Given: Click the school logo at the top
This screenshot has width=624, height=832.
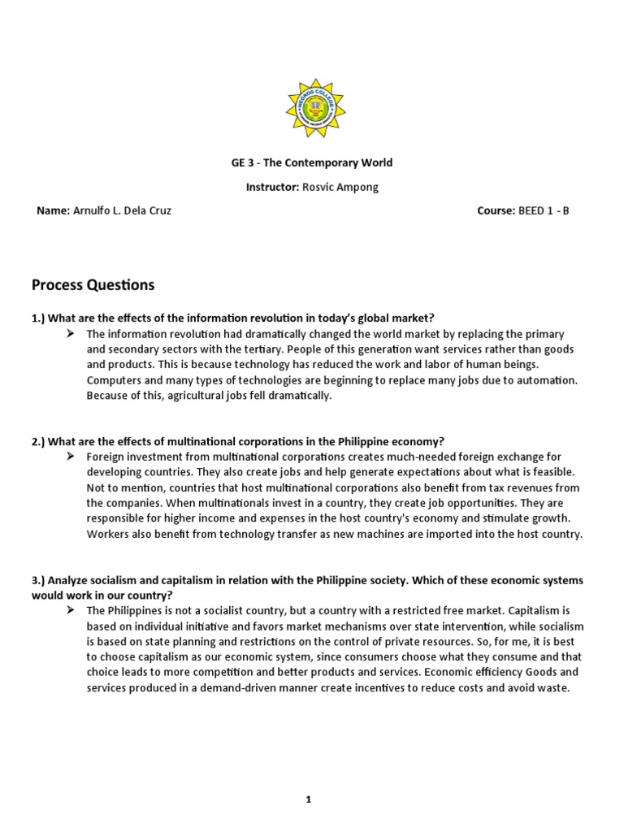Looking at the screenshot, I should [311, 108].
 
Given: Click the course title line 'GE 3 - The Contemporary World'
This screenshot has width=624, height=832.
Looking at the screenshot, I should [311, 162].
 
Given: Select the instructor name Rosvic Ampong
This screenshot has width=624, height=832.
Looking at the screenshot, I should [329, 187].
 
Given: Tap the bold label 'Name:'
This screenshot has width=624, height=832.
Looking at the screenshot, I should [53, 211].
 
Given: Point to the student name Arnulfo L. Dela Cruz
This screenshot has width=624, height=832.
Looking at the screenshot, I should [123, 211].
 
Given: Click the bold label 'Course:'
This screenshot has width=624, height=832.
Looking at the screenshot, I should [496, 211].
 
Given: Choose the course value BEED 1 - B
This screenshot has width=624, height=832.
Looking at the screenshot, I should [544, 211].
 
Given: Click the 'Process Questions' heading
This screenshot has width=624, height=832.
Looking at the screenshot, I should [93, 285].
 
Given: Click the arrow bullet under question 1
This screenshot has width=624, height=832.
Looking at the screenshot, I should [71, 334].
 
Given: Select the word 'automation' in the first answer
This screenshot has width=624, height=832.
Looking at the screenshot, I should [548, 380].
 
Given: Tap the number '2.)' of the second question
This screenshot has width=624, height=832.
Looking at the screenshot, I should [39, 442].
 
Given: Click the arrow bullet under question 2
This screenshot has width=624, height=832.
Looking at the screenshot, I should [71, 457].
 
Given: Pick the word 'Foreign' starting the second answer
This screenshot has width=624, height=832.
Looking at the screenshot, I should [106, 457].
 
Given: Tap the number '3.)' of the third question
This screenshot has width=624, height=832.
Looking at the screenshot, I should [39, 580].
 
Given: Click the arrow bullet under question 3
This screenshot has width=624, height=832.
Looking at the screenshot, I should [71, 611].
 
